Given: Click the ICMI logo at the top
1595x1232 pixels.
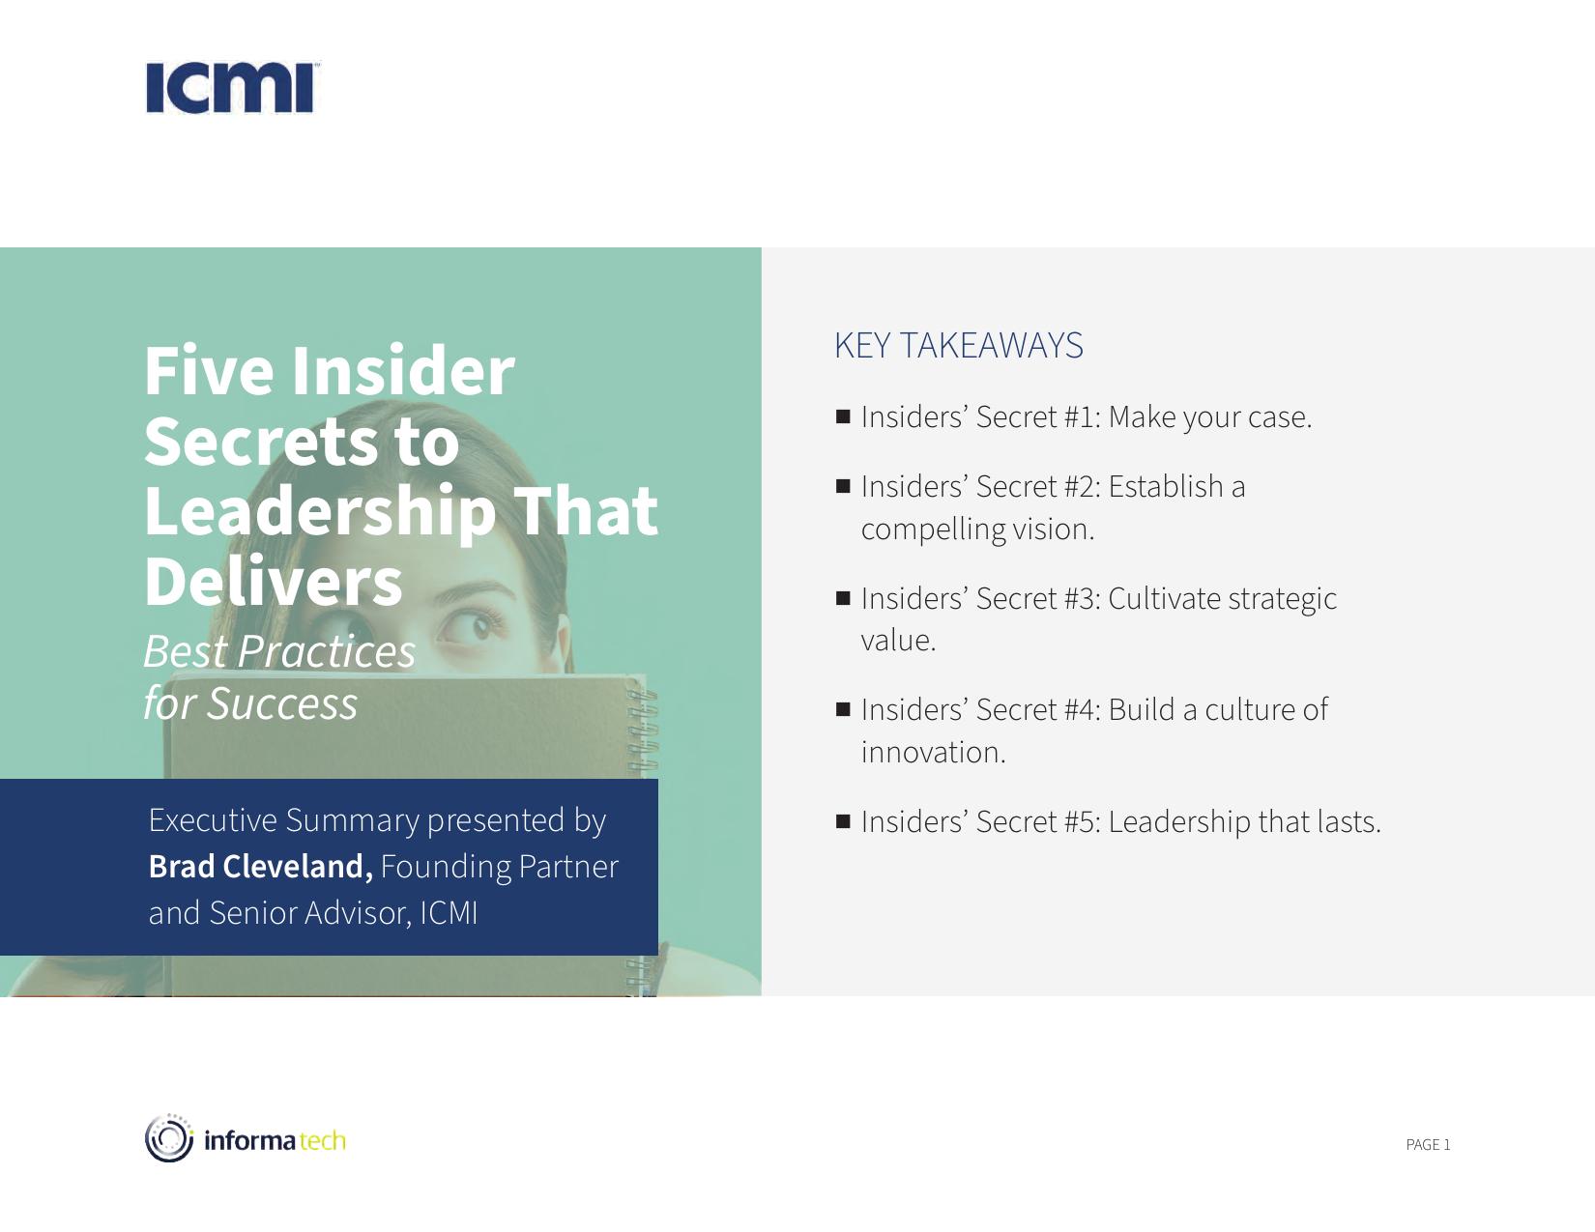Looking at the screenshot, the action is tap(233, 88).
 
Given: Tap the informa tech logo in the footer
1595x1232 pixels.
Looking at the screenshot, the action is tap(245, 1138).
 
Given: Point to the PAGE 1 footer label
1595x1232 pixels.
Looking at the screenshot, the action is tap(1428, 1145).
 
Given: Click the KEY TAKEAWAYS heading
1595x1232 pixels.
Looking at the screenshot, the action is tap(958, 345).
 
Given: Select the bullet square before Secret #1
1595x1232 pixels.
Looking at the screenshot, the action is tap(843, 416).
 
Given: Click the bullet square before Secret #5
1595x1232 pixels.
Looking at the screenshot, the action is tap(843, 821).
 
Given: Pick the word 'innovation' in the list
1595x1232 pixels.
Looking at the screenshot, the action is tap(929, 752).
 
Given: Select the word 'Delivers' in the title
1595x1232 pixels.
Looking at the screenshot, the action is tap(273, 581).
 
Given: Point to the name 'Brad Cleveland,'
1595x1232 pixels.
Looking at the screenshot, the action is tap(261, 867).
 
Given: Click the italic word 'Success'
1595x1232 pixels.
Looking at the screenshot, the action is tap(282, 703).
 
